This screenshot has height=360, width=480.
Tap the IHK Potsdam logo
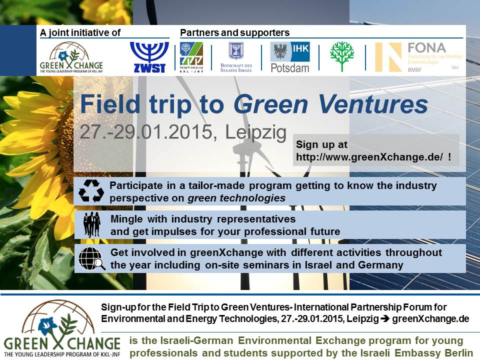(x=289, y=57)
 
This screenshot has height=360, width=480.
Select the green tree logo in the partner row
(x=342, y=56)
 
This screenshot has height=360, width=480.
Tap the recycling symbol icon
(x=91, y=191)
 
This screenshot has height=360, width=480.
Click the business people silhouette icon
(x=92, y=224)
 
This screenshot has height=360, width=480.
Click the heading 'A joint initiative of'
(x=81, y=33)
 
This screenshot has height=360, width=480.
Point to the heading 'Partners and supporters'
(x=234, y=33)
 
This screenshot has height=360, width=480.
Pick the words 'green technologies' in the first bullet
(x=236, y=198)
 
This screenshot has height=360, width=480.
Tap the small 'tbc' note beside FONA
(x=455, y=67)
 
